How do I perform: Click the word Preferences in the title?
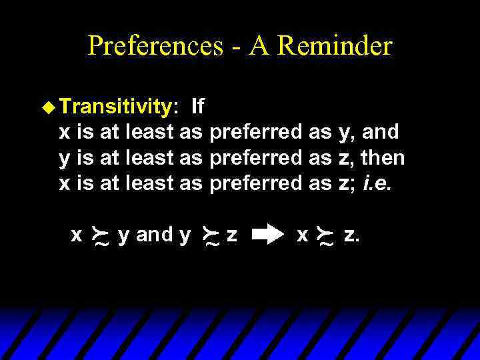(155, 46)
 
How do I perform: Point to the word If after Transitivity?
(197, 107)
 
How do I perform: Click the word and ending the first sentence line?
(381, 132)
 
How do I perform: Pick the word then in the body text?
(383, 158)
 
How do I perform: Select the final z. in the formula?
(351, 235)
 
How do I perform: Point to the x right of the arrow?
(302, 235)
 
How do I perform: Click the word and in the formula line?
(154, 235)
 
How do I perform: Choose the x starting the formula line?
(77, 235)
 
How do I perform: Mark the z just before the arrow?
(231, 235)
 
